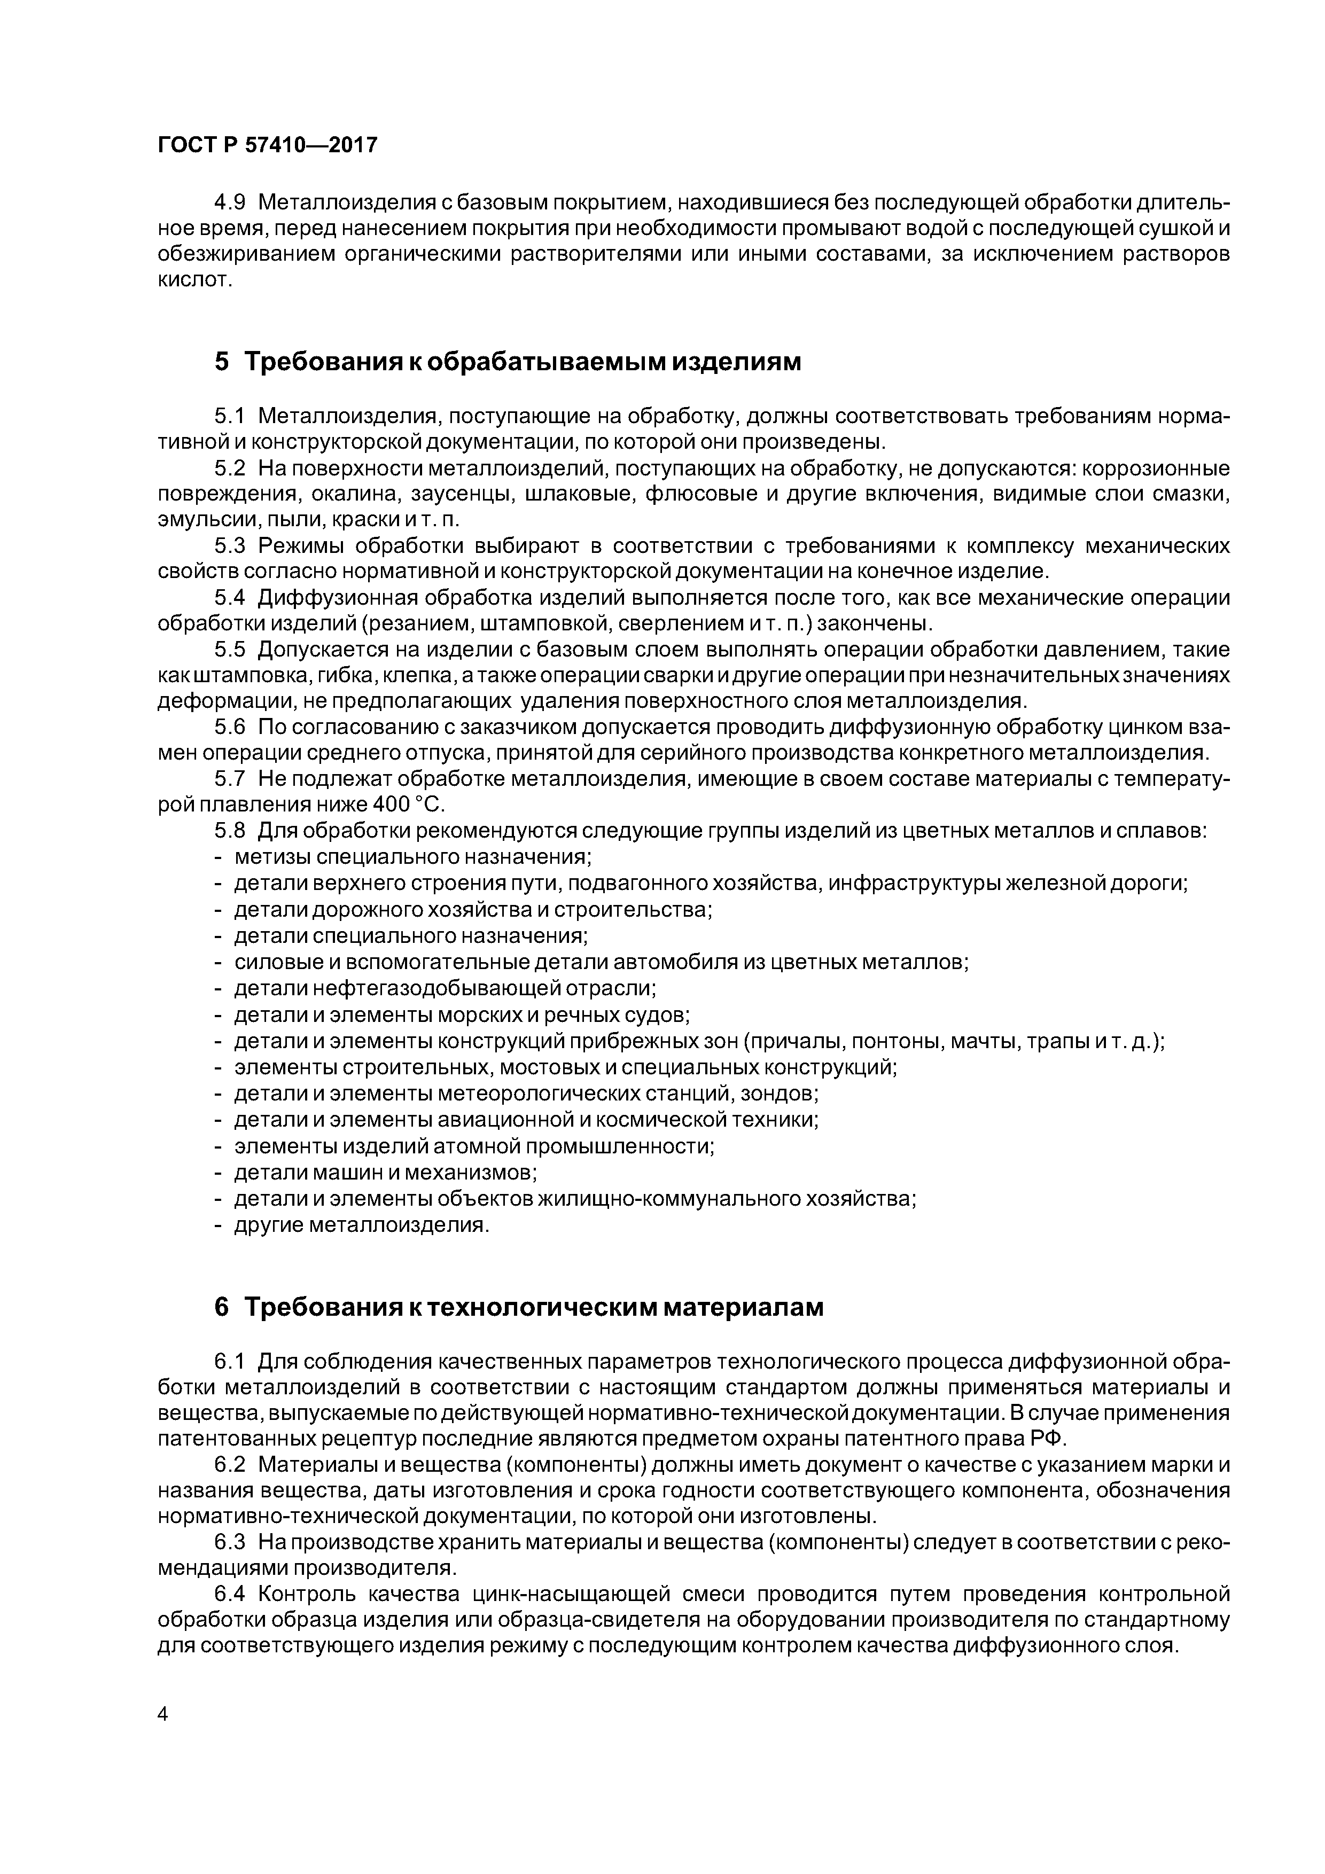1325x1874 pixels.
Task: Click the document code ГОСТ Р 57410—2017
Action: pos(267,145)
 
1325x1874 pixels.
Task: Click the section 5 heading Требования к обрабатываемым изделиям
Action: pos(508,362)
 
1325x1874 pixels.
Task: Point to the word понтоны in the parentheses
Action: pos(918,1042)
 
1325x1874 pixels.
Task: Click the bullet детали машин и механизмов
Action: pos(385,1173)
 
